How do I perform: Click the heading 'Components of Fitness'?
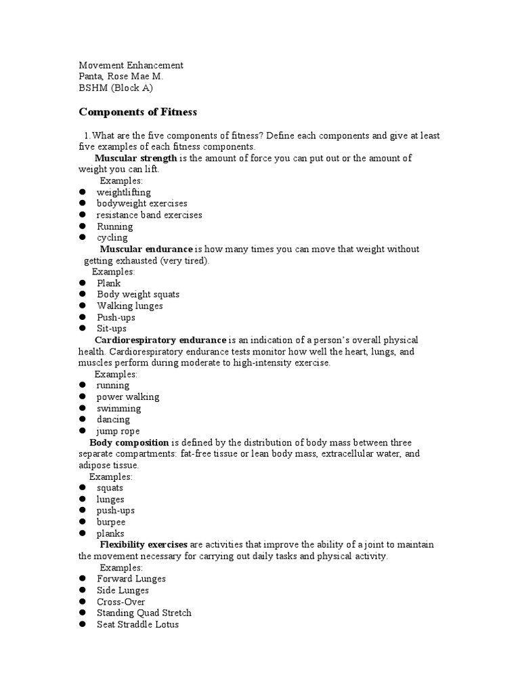tap(137, 111)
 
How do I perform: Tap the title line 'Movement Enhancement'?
tap(131, 65)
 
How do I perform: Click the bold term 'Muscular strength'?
tap(135, 158)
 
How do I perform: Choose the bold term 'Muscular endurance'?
tap(146, 249)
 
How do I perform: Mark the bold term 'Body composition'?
tap(129, 442)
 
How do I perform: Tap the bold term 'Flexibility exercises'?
tap(144, 545)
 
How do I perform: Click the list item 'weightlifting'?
tap(123, 192)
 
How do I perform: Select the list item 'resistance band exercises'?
tap(149, 215)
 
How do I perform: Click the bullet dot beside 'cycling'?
tap(83, 238)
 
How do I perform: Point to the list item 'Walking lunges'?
tap(129, 306)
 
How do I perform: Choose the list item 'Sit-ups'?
tap(112, 329)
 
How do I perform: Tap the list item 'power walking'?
tap(128, 397)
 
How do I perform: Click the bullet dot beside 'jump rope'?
tap(83, 431)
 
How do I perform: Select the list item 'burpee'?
tap(110, 522)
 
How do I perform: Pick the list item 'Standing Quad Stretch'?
tap(144, 613)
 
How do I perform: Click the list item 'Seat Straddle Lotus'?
tap(137, 624)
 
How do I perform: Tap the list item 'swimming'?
tap(118, 409)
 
